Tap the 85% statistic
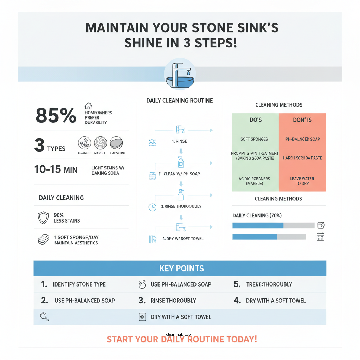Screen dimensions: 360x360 pos(56,115)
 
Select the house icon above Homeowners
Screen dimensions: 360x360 pos(88,105)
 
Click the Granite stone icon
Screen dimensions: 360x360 pos(84,143)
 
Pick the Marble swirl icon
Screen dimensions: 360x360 pos(100,143)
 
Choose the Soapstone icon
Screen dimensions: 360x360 pos(116,143)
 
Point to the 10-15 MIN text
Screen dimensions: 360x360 pos(56,169)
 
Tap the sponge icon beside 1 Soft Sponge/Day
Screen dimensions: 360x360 pos(43,240)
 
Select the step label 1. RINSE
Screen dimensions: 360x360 pos(179,141)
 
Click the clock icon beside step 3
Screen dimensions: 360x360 pos(153,207)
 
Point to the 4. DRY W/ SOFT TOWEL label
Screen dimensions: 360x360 pos(183,239)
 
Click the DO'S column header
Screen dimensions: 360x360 pos(255,120)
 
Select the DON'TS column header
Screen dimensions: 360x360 pos(302,120)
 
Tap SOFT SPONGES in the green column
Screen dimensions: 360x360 pos(254,139)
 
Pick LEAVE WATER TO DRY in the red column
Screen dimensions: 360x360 pos(302,181)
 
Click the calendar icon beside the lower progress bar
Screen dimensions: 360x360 pos(320,237)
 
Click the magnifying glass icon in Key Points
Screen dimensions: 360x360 pos(45,317)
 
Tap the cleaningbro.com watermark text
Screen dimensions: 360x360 pos(180,335)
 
